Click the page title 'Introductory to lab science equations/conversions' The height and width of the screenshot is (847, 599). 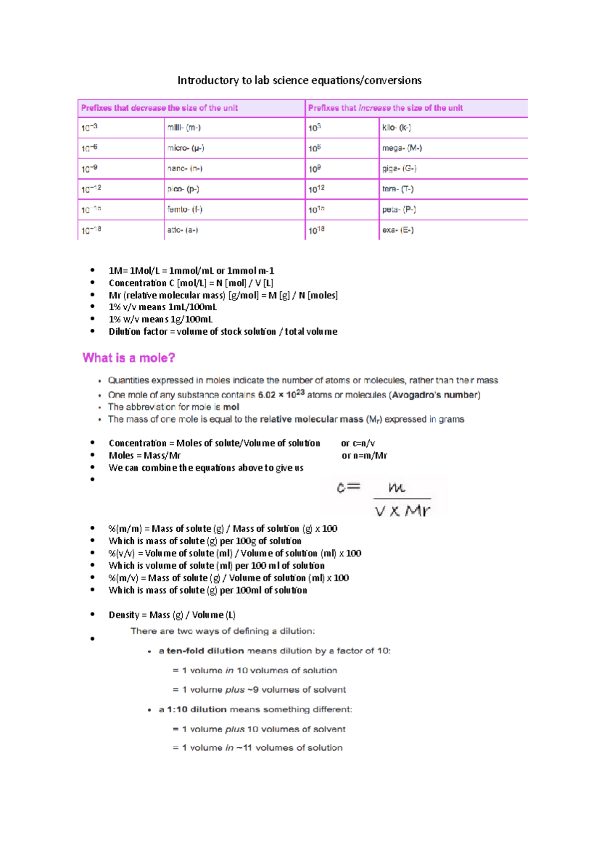(x=299, y=80)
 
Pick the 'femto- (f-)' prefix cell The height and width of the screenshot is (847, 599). (x=185, y=210)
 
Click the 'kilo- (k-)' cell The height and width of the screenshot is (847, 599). (x=396, y=128)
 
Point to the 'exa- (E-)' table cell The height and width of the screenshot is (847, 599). (x=398, y=230)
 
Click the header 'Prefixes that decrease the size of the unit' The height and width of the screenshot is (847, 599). (x=160, y=108)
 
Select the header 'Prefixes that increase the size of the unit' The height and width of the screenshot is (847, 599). (x=385, y=108)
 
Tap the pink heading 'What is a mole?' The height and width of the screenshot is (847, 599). (x=129, y=358)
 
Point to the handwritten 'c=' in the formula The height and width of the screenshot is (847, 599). (x=348, y=487)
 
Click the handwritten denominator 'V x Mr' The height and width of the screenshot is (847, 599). (x=402, y=511)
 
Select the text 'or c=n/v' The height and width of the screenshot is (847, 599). (x=358, y=443)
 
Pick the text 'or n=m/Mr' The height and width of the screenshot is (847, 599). (x=364, y=455)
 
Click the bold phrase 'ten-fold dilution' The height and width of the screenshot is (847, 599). (x=205, y=651)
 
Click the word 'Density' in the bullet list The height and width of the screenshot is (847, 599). (x=124, y=615)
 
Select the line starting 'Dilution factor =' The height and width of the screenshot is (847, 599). (x=223, y=332)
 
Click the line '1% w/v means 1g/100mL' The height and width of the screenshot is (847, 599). (x=161, y=319)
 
